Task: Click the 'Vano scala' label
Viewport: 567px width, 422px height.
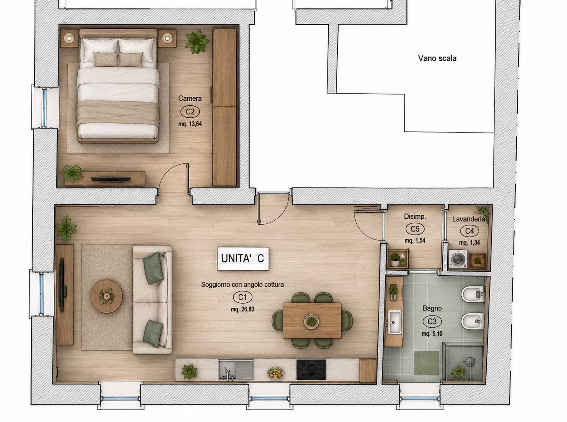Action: (437, 59)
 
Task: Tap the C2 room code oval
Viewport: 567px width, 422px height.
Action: (190, 112)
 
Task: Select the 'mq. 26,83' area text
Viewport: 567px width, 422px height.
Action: (243, 309)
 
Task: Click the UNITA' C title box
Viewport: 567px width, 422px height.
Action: (243, 259)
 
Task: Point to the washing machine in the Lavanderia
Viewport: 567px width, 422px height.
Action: (458, 259)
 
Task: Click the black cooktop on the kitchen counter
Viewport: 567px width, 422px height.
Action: (311, 369)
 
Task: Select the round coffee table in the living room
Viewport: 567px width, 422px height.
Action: (106, 296)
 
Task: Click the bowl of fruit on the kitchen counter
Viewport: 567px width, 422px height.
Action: (275, 373)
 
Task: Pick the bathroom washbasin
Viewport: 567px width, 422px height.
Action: (394, 322)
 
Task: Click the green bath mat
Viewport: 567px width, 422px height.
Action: (426, 363)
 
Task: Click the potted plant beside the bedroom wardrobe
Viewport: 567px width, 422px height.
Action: (197, 42)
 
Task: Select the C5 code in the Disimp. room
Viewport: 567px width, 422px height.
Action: (415, 229)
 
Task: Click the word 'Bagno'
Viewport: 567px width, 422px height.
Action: (432, 309)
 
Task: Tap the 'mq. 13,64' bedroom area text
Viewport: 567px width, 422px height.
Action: (190, 124)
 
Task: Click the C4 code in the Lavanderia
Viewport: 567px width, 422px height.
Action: (470, 231)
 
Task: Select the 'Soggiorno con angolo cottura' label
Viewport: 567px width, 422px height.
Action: (242, 284)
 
